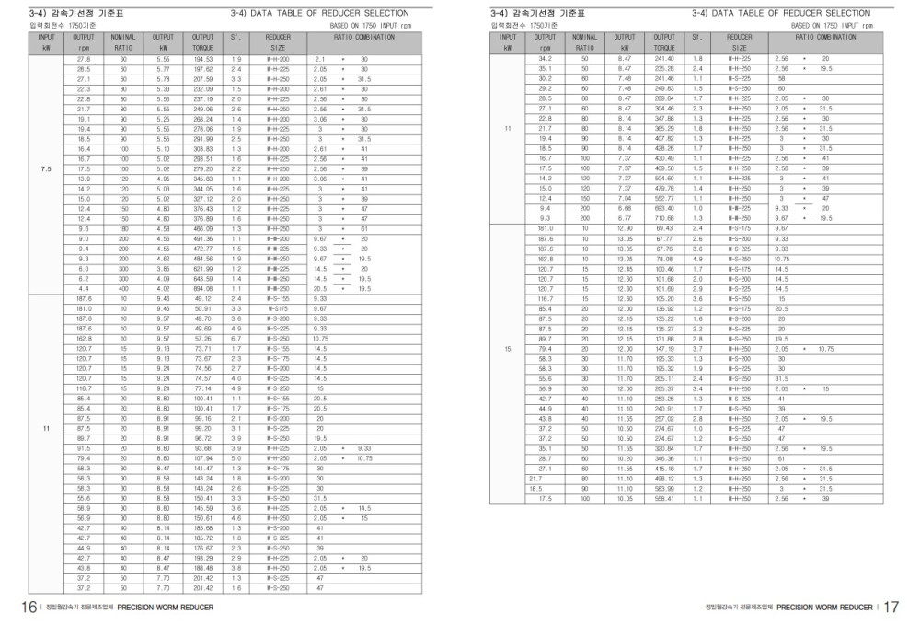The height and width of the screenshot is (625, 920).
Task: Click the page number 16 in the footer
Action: [29, 608]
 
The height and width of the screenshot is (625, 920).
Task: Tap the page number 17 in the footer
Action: [891, 608]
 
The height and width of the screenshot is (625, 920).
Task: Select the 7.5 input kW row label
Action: [46, 170]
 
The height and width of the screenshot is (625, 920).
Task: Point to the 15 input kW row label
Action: [508, 349]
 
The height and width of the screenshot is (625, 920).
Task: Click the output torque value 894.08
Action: [203, 288]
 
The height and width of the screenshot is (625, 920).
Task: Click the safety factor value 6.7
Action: [236, 338]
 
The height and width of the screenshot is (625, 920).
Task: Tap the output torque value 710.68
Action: [663, 219]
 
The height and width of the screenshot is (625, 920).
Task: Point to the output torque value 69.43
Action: [663, 227]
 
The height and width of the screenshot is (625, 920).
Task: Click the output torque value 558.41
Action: [663, 499]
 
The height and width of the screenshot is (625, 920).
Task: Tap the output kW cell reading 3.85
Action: [164, 268]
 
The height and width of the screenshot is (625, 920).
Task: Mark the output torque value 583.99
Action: [663, 489]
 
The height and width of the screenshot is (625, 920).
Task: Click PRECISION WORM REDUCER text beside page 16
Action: [166, 608]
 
